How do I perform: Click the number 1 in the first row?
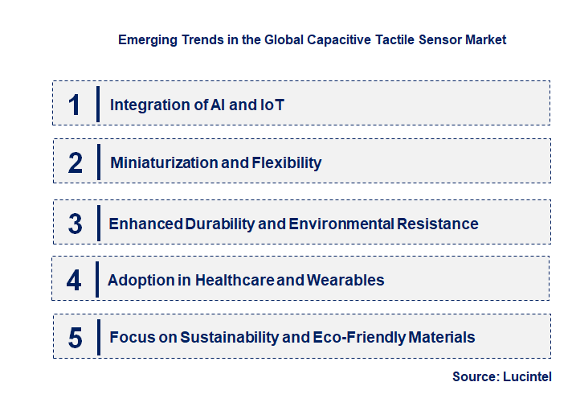[75, 105]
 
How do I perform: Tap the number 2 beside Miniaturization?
[76, 163]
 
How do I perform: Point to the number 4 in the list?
[75, 281]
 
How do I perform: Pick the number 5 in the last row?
[76, 338]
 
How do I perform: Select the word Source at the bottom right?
[474, 376]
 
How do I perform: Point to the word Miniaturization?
[163, 163]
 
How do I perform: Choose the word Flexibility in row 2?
[287, 163]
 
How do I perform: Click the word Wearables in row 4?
[345, 281]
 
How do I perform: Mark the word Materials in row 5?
[441, 338]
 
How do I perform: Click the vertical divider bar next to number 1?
[97, 104]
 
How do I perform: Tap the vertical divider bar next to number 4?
[97, 279]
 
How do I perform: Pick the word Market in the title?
[486, 39]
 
